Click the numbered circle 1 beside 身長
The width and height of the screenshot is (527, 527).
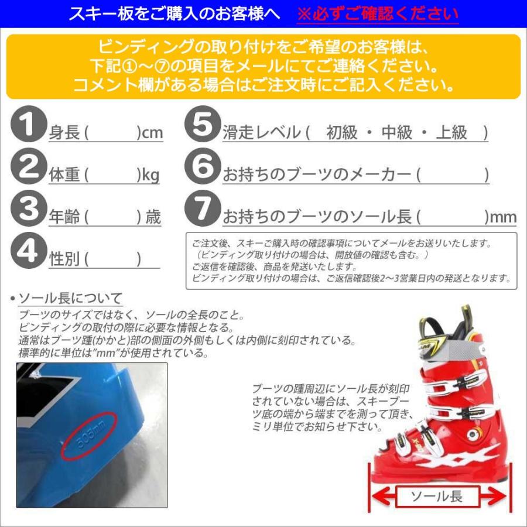(29, 126)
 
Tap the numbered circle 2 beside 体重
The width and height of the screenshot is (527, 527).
(29, 167)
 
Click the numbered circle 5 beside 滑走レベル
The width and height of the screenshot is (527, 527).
(202, 126)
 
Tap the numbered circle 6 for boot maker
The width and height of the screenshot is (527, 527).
(202, 167)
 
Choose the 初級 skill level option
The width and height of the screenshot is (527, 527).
(342, 133)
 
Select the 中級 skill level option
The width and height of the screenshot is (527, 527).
(396, 133)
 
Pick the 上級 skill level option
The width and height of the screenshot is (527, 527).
(451, 133)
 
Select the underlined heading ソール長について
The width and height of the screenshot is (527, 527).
(70, 297)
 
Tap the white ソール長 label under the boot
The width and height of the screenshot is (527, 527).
(436, 497)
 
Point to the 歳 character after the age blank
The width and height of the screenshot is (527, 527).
(153, 218)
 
